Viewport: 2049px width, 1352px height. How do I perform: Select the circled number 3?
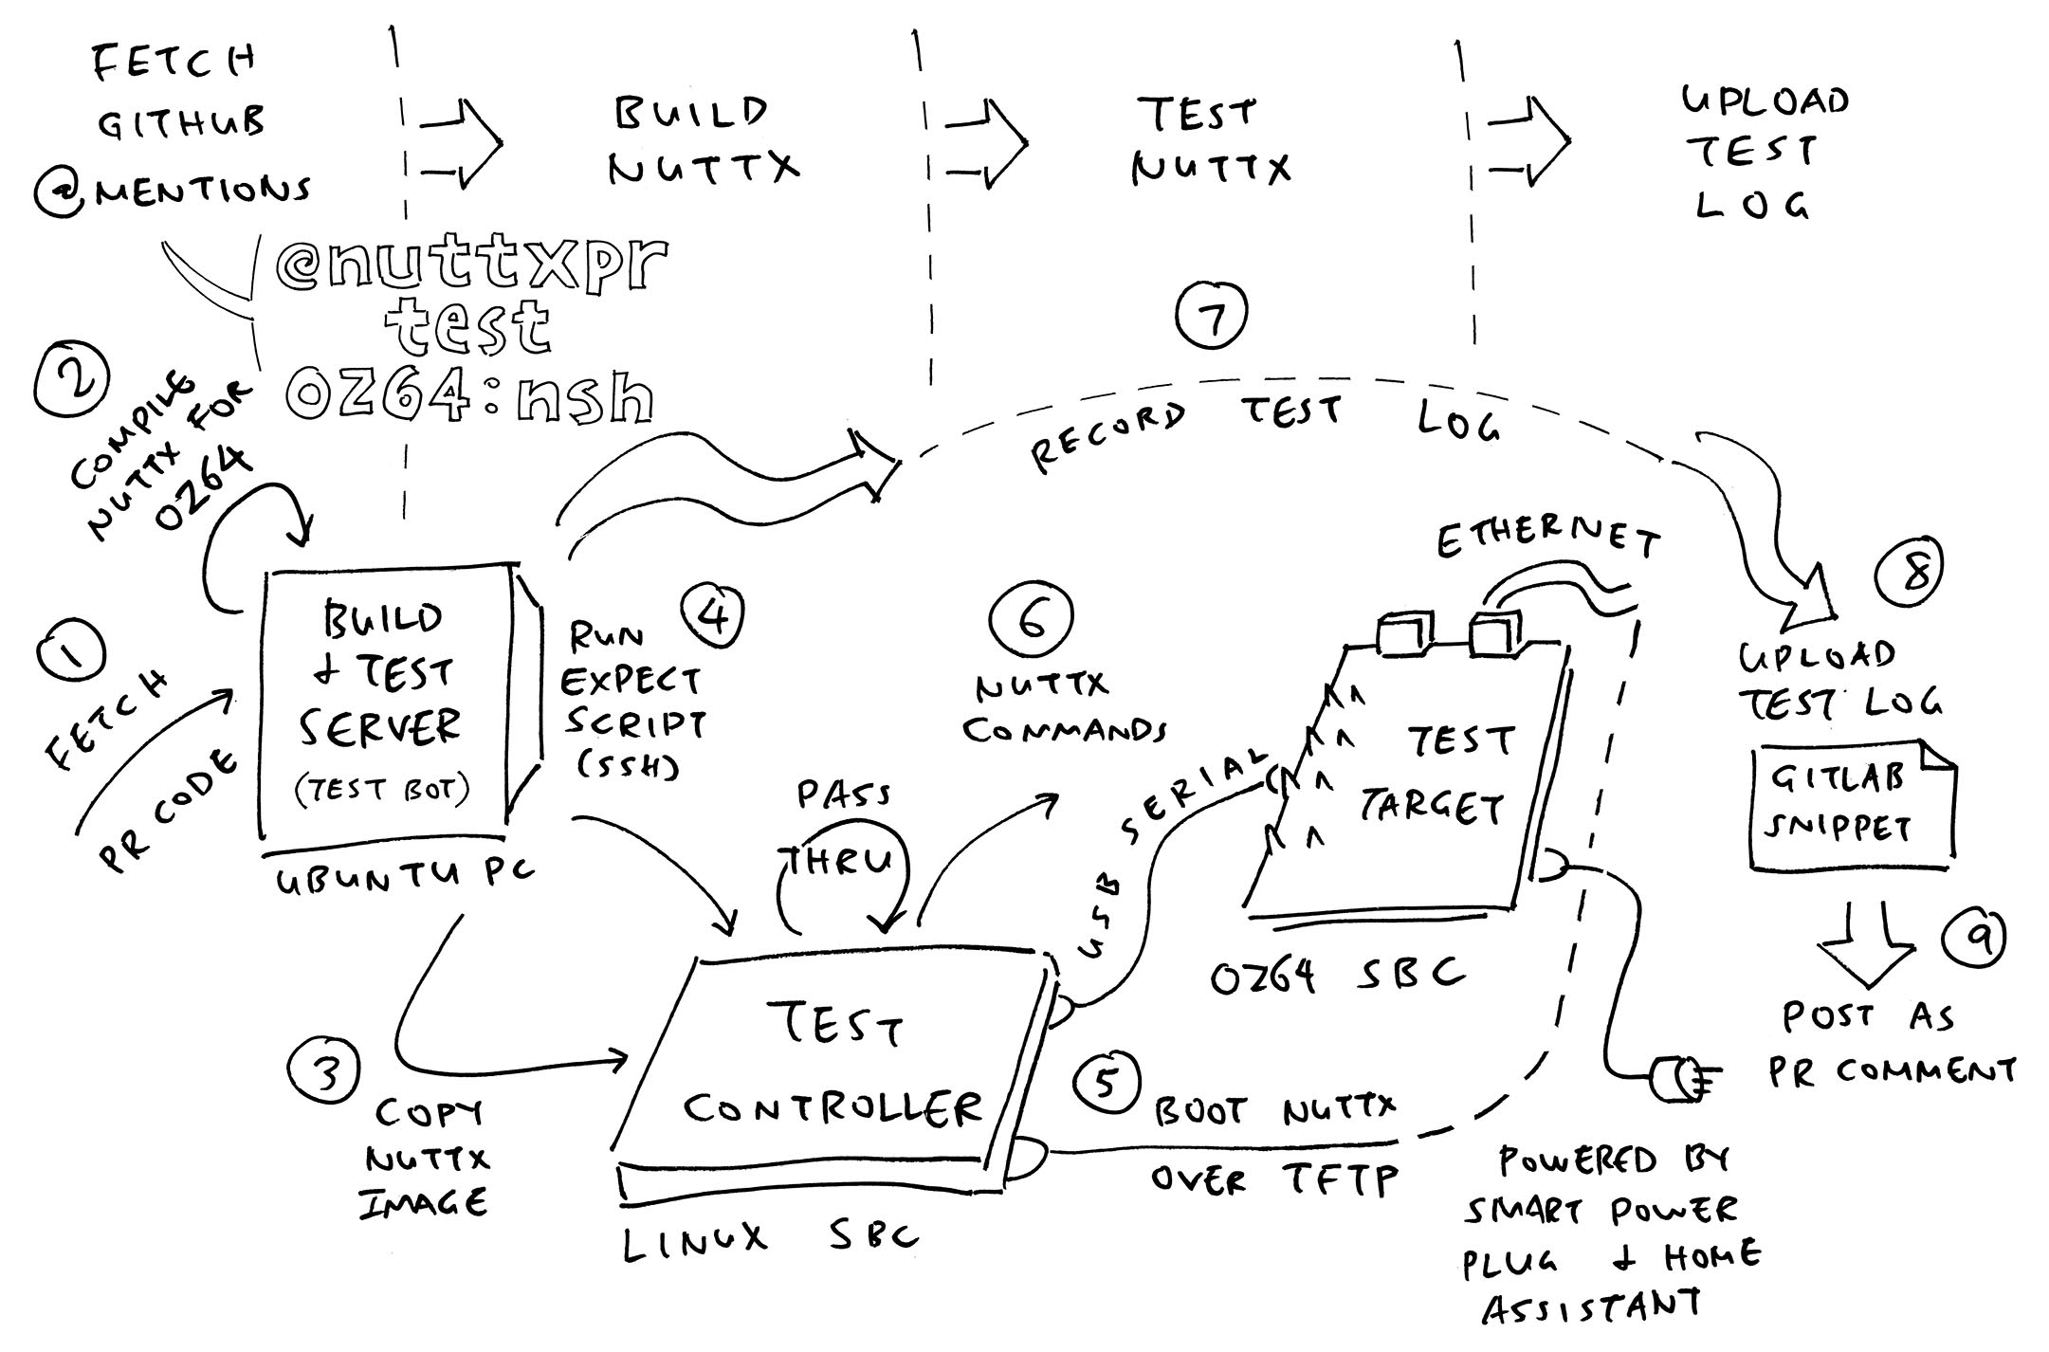click(325, 1072)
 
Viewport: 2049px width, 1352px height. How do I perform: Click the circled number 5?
click(1107, 1082)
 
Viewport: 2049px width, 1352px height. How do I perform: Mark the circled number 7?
click(1211, 316)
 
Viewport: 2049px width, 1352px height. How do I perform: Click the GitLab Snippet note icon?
click(1849, 805)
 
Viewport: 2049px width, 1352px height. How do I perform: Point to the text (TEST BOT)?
click(380, 789)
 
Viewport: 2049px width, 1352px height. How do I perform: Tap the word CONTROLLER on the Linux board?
click(832, 1108)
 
